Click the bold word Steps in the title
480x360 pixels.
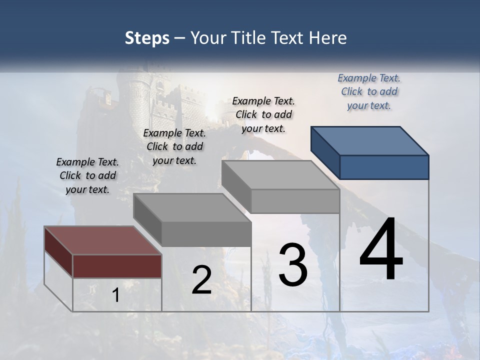click(146, 38)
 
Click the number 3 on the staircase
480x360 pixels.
click(293, 265)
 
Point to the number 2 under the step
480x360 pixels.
click(201, 280)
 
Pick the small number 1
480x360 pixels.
click(115, 295)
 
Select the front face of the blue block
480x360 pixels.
click(384, 167)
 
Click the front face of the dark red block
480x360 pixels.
click(117, 266)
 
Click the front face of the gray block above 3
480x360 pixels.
click(295, 201)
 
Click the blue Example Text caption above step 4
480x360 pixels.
click(369, 91)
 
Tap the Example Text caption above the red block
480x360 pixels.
click(87, 175)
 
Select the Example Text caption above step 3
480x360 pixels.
click(263, 114)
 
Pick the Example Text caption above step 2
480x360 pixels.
click(174, 146)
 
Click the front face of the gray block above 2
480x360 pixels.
click(206, 233)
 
